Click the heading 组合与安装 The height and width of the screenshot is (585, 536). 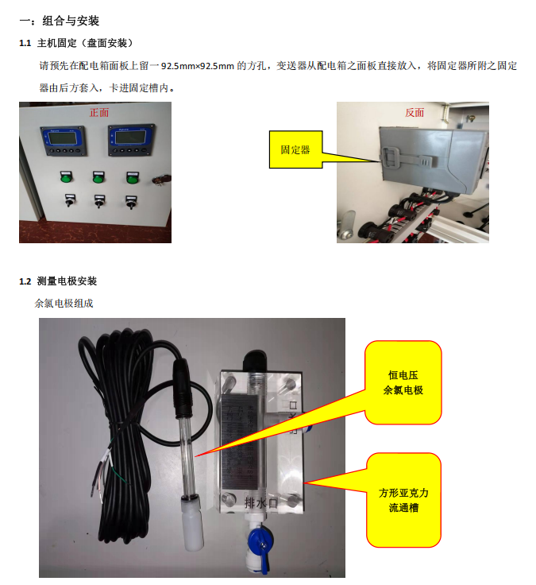pos(71,21)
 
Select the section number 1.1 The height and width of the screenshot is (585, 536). pos(25,43)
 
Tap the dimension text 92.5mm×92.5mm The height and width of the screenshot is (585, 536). pos(198,66)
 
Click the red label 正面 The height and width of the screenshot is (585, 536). pos(99,112)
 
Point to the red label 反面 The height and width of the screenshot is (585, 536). pos(415,112)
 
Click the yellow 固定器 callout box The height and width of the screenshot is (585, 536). pos(295,149)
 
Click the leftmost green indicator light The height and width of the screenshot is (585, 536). pos(67,176)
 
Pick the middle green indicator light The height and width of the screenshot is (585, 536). pos(98,177)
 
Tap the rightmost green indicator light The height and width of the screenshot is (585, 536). pos(133,178)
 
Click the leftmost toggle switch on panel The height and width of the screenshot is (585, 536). pos(69,200)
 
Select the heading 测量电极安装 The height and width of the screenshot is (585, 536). pos(67,281)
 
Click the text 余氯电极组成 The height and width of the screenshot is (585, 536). pos(64,304)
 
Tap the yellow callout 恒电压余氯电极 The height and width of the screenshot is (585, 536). pos(403,382)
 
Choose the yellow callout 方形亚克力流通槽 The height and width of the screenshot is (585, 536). pos(403,500)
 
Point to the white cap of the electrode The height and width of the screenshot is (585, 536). pos(192,524)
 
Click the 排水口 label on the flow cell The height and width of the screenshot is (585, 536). pos(261,503)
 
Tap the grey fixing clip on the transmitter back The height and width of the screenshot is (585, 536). pos(407,159)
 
